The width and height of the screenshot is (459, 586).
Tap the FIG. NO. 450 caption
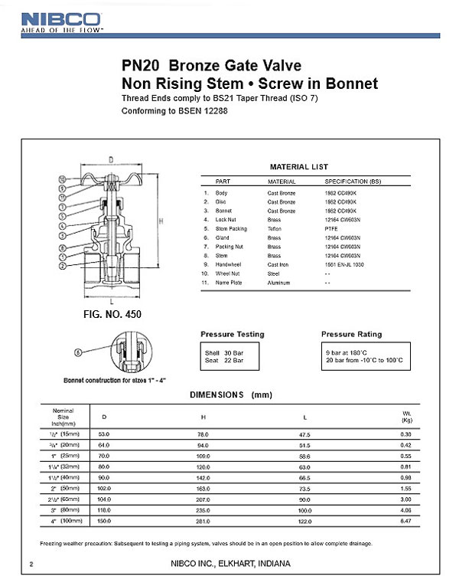pyautogui.click(x=112, y=314)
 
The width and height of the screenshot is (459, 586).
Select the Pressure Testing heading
pyautogui.click(x=233, y=335)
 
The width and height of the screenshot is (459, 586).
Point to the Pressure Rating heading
pyautogui.click(x=352, y=335)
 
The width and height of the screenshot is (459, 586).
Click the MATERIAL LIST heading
pyautogui.click(x=299, y=166)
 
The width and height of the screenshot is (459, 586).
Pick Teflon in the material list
pyautogui.click(x=265, y=228)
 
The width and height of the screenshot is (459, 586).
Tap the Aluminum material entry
pyautogui.click(x=269, y=282)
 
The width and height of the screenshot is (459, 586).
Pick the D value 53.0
pyautogui.click(x=105, y=434)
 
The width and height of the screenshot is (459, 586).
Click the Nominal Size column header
pyautogui.click(x=63, y=417)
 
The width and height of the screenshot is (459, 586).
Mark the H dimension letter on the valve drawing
pyautogui.click(x=161, y=221)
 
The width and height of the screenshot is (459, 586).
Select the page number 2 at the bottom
pyautogui.click(x=31, y=565)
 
